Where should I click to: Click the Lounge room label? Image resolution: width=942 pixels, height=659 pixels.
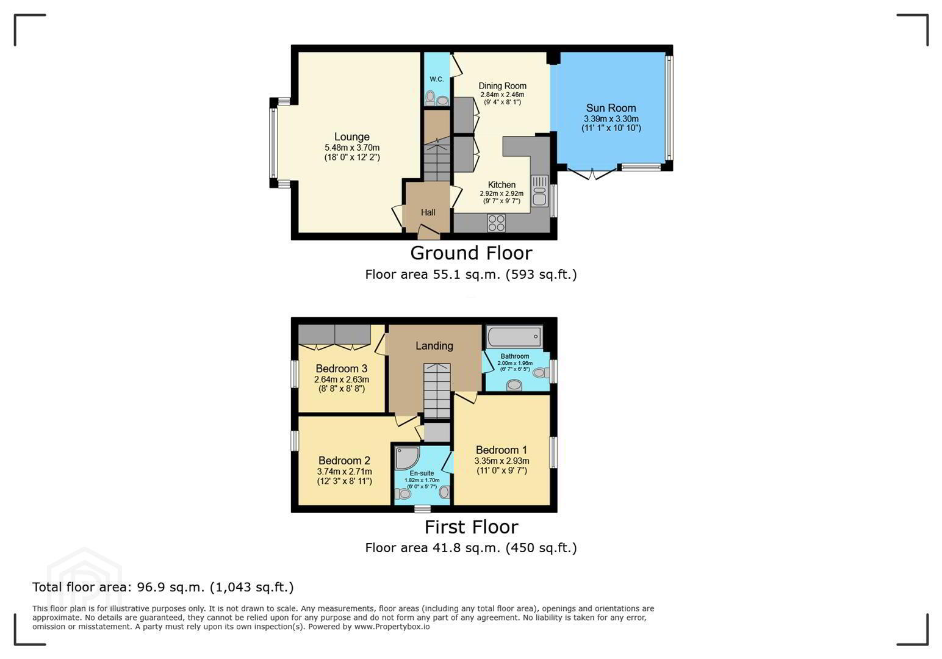coord(352,137)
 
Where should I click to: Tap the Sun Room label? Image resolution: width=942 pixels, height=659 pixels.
coord(611,108)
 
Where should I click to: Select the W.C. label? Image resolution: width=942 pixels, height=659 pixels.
coord(436,79)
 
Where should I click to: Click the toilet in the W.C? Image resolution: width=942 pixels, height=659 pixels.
coord(430,98)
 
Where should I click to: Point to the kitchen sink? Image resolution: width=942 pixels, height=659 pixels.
coord(539,192)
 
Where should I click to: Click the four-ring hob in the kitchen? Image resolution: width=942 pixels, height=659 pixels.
coord(496,223)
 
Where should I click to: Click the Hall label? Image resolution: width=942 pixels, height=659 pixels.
coord(428,212)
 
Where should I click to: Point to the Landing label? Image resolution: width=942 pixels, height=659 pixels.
coord(434,346)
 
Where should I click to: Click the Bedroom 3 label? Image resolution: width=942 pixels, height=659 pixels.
coord(342,369)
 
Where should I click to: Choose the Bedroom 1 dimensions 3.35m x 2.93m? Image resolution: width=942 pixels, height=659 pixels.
coord(502,461)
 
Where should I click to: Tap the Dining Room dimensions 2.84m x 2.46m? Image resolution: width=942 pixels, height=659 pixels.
coord(503,95)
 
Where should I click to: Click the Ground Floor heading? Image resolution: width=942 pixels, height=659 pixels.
coord(471,253)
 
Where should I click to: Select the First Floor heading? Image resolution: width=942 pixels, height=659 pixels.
coord(471,527)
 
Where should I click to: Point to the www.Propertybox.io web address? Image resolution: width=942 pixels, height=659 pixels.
coord(392,627)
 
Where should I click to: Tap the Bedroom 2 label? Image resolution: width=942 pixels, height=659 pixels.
coord(345,461)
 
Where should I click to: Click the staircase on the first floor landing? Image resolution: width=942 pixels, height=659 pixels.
coord(437,391)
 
